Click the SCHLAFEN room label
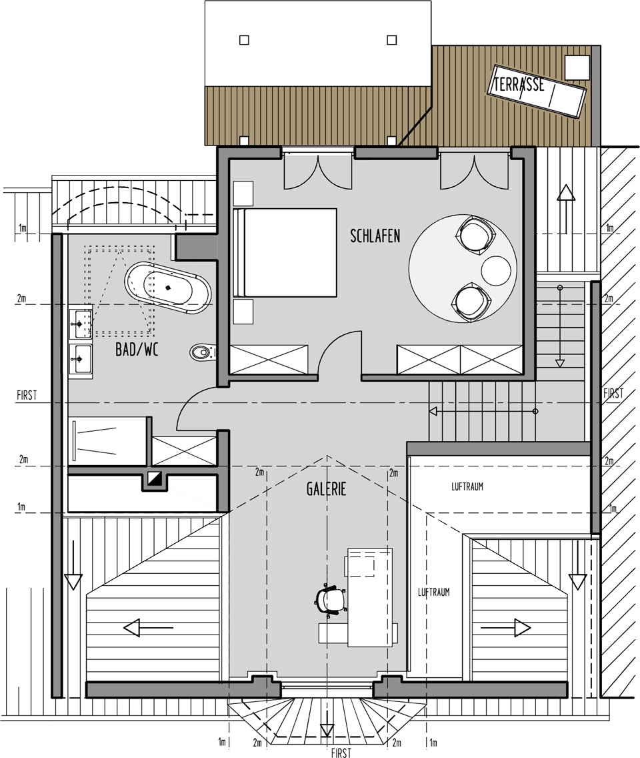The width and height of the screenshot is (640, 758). click(x=375, y=236)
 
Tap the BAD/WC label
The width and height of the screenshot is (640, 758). click(x=137, y=350)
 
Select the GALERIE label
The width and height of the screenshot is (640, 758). click(x=327, y=489)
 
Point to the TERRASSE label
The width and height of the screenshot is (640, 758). click(x=519, y=85)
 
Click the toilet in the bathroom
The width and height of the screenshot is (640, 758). click(x=203, y=352)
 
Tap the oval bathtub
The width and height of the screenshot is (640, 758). click(x=167, y=288)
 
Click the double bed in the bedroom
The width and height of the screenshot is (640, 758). click(x=285, y=252)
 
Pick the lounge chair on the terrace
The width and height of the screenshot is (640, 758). click(x=539, y=90)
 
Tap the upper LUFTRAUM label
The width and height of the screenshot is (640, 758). click(x=467, y=487)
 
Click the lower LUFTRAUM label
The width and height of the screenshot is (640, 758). click(x=434, y=593)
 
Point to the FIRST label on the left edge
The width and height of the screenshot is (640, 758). click(x=27, y=396)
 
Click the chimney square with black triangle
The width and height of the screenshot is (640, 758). click(x=155, y=478)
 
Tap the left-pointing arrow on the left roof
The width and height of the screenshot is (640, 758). click(x=148, y=628)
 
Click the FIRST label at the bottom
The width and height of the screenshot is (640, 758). click(x=341, y=752)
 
